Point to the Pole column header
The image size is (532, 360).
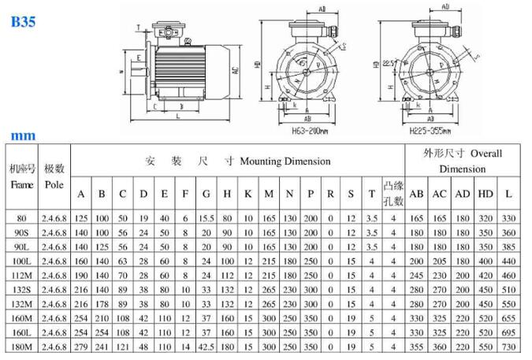click(x=54, y=184)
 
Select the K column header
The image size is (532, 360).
click(x=248, y=194)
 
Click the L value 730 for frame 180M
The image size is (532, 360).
click(x=510, y=347)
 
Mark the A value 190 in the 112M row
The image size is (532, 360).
click(x=81, y=276)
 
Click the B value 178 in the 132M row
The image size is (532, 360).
click(x=102, y=305)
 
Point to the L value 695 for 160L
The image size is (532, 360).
click(x=510, y=333)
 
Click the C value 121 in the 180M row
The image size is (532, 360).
click(x=122, y=347)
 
